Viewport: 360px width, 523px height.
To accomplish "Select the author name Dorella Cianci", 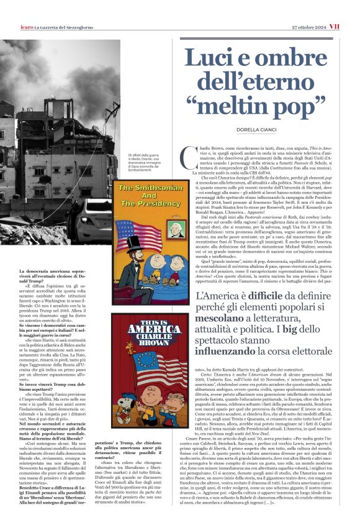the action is pyautogui.click(x=263, y=129).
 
